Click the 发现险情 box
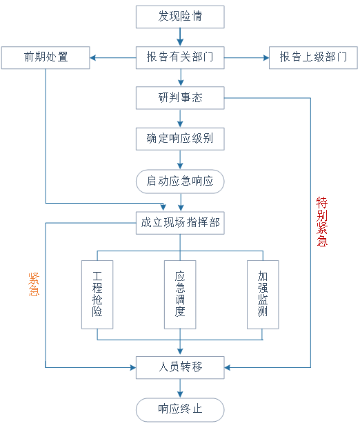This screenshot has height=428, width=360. click(180, 17)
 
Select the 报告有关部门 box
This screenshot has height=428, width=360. click(180, 57)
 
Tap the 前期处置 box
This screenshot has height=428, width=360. click(46, 57)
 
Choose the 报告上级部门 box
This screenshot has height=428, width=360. click(313, 57)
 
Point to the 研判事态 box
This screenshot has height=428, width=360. click(180, 98)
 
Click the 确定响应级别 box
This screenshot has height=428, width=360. click(180, 139)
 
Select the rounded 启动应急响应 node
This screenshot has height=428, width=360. click(180, 182)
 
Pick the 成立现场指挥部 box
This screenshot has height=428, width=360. click(180, 223)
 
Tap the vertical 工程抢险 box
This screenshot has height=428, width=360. click(97, 295)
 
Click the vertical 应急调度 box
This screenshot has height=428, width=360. click(180, 295)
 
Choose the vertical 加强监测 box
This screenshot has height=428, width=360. click(263, 295)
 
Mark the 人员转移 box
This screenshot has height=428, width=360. click(180, 367)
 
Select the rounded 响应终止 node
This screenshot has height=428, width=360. click(180, 410)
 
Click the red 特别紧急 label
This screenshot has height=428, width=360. click(322, 222)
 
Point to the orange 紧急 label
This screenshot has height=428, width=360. click(34, 284)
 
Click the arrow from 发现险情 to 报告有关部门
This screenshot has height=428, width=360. click(180, 37)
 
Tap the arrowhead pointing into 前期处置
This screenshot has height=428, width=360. click(92, 57)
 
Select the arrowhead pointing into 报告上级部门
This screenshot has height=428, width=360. click(266, 57)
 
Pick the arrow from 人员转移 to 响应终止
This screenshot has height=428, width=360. click(180, 388)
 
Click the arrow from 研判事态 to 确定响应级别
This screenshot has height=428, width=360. click(180, 118)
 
